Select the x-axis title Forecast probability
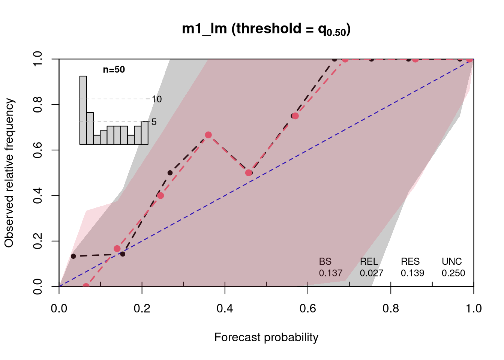point(266,337)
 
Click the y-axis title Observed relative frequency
point(9,172)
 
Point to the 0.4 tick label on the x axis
point(225,308)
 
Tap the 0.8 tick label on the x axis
point(391,308)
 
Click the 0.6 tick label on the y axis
point(37,150)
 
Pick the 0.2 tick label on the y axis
point(37,241)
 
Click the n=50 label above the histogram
point(114,69)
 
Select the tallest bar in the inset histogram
point(83,110)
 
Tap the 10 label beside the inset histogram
point(157,99)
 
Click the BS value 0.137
point(330,273)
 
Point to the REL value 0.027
point(372,273)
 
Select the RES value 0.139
point(412,273)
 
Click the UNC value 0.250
point(453,273)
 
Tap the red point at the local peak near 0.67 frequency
point(208,135)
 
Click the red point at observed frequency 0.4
point(160,195)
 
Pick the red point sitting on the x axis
point(86,286)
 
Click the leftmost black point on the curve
point(73,256)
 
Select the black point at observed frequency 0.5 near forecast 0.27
point(170,173)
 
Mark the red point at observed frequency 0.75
point(295,116)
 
